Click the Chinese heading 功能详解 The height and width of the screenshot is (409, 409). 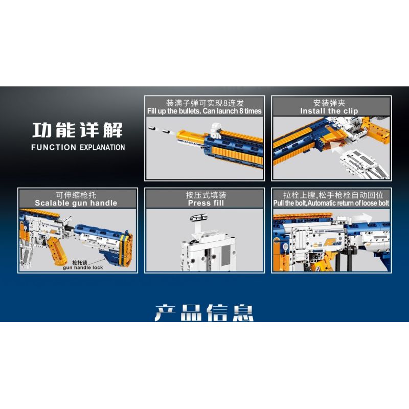point(78,129)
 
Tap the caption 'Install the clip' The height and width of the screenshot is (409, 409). point(329,111)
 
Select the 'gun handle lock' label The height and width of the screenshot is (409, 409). point(83,267)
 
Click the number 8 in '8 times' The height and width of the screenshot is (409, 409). point(240,111)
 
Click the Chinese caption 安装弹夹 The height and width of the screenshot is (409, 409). point(329,102)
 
